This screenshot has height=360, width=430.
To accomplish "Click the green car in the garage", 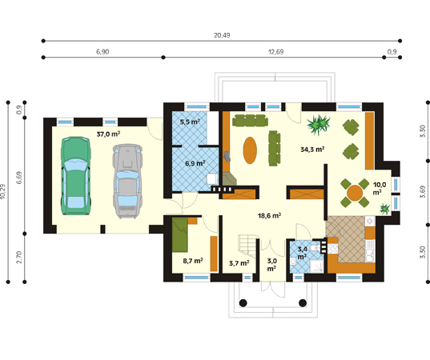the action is point(76,175).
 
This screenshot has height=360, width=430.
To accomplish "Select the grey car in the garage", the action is point(127,181).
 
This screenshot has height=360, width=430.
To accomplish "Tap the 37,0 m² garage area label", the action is point(108,134).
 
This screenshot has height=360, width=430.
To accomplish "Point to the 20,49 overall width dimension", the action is point(222,35).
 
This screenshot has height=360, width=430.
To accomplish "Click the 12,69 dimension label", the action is point(275,52).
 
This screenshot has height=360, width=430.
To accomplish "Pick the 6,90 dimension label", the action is point(102,52).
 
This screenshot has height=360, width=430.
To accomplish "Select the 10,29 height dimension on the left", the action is point(3,191).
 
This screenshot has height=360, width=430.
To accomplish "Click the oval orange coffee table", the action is point(250,150).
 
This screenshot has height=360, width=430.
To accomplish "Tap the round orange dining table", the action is point(355,193).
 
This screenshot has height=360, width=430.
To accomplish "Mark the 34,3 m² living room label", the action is point(312,150).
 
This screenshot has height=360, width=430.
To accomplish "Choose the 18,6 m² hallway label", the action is point(269,216).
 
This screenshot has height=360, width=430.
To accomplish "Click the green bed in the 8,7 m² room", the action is point(180,234).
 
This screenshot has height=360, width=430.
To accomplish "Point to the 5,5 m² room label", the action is point(190,122).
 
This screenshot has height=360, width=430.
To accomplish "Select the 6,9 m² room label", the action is point(195,163).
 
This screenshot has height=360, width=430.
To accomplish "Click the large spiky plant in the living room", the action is point(319,125).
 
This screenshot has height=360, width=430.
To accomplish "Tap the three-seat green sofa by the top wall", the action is point(250,121).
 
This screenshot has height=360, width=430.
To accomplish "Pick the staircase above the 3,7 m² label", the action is point(249,246).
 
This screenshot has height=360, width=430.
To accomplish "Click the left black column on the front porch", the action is point(243,303).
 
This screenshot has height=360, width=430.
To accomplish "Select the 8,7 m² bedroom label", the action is point(193,261).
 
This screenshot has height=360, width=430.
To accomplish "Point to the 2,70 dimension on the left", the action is point(19,258).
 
